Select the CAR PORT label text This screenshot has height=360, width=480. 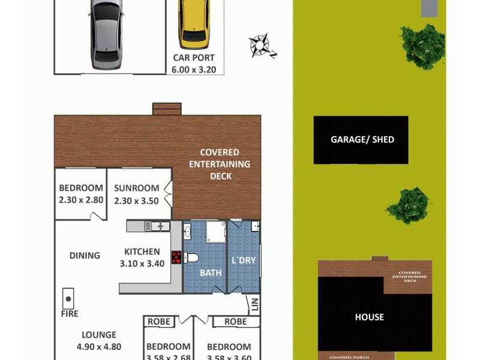(194, 58)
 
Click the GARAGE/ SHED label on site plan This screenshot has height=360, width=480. (362, 140)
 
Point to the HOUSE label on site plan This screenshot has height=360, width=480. (369, 317)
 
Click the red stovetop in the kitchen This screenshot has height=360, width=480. (177, 257)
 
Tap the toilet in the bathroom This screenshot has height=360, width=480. (191, 258)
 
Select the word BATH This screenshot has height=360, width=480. (211, 272)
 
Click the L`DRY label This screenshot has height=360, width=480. (243, 261)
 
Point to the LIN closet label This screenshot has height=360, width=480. (254, 305)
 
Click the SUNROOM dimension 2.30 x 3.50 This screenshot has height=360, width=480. (136, 201)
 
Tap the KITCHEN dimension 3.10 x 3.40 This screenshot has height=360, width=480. (142, 263)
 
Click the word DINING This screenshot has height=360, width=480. (85, 256)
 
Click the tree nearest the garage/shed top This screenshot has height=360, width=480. (423, 46)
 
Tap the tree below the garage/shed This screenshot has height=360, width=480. (409, 205)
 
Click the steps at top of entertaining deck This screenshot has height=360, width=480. (167, 109)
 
